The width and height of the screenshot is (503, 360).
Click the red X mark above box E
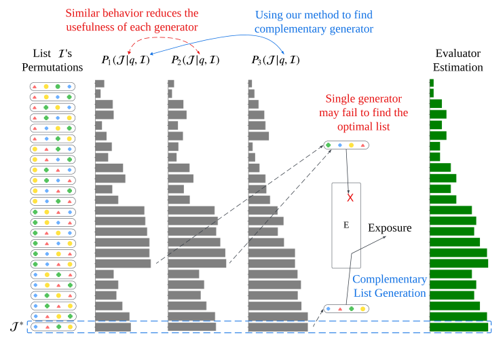point(350,198)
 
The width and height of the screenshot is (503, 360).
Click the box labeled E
point(346,225)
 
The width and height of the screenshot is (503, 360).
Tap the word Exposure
point(390,228)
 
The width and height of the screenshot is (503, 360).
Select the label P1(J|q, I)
point(125,60)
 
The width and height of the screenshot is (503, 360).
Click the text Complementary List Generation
point(390,286)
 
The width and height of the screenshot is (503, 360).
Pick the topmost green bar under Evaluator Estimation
point(432,83)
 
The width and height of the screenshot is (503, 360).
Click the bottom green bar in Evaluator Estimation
point(459,327)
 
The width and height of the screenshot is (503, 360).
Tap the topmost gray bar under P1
point(100,83)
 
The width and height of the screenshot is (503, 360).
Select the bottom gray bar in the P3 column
point(278,327)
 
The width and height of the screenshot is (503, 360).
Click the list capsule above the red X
point(346,145)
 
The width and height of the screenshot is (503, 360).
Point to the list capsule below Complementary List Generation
point(346,308)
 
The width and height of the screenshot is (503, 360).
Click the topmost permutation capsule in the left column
point(52,86)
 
